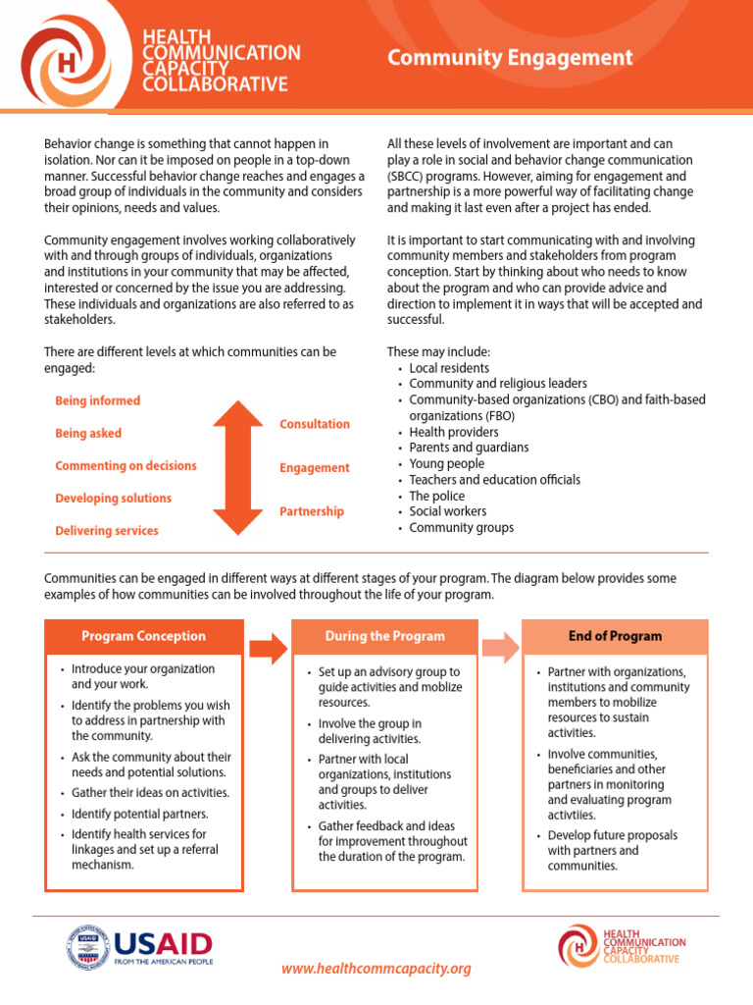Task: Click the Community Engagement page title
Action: (x=510, y=58)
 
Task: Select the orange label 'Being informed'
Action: (x=97, y=400)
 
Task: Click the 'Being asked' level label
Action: (x=88, y=433)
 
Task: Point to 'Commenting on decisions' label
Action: (x=125, y=466)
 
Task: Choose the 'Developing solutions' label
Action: (x=113, y=499)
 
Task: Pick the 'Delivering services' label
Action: (x=107, y=531)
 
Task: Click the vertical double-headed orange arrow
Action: (x=237, y=467)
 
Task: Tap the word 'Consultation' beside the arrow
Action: (x=314, y=424)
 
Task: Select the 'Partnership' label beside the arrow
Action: (x=311, y=511)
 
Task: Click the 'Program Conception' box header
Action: (x=144, y=636)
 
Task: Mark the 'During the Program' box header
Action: (x=384, y=636)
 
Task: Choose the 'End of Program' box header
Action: (x=615, y=636)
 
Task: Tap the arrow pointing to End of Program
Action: (x=499, y=648)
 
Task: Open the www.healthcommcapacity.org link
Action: (x=376, y=969)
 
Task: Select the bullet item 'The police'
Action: (x=437, y=496)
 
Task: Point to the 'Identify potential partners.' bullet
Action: (x=139, y=814)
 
